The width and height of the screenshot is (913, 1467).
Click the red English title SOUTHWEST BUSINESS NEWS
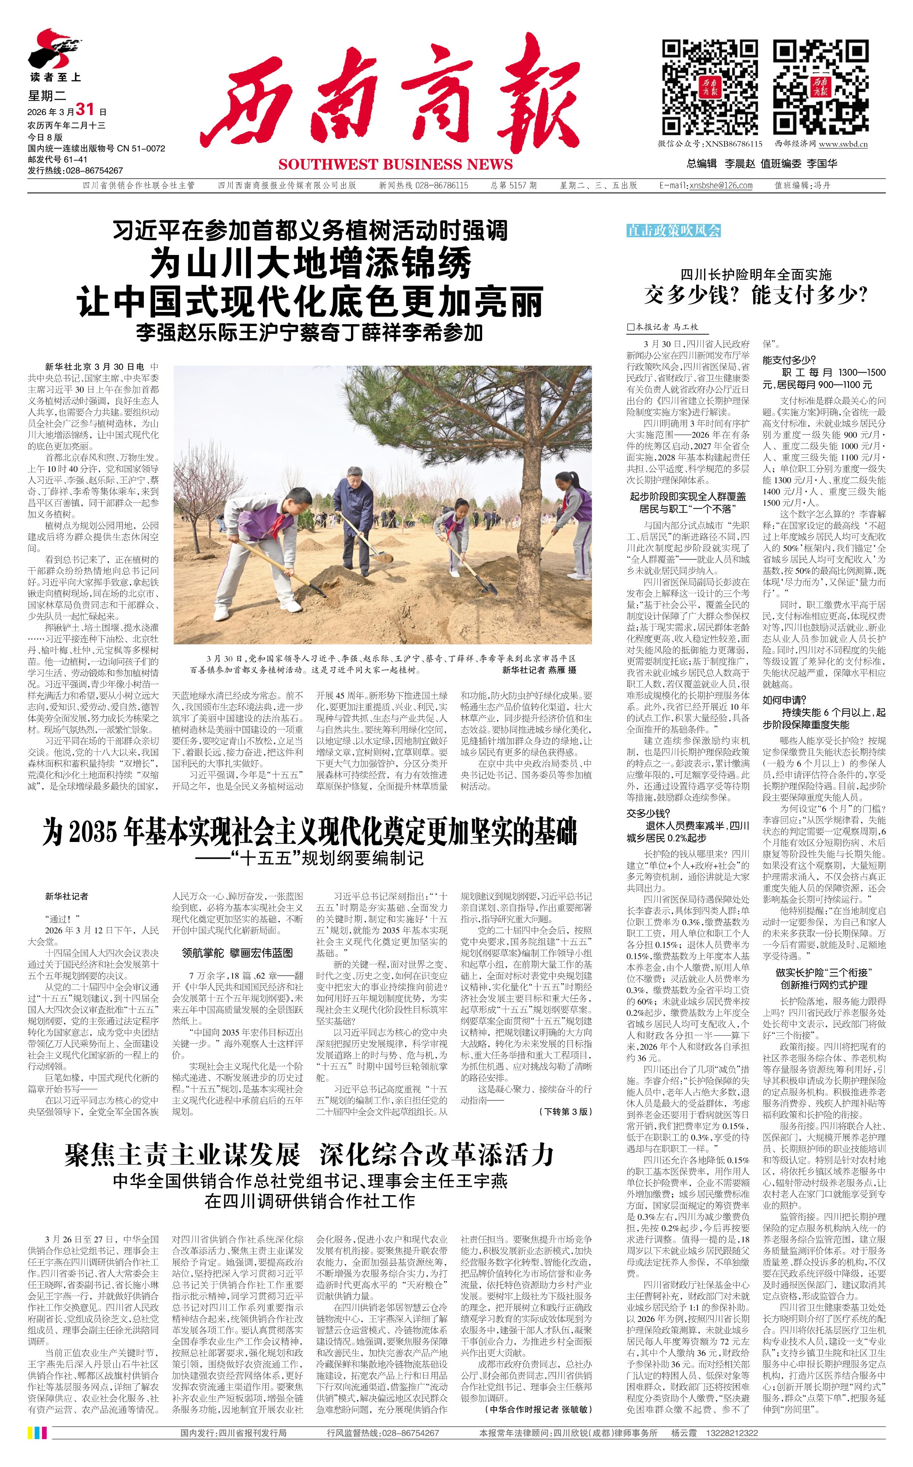coord(396,164)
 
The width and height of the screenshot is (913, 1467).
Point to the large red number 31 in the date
coord(85,109)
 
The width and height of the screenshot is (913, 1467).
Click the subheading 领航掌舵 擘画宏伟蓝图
coord(237,952)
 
